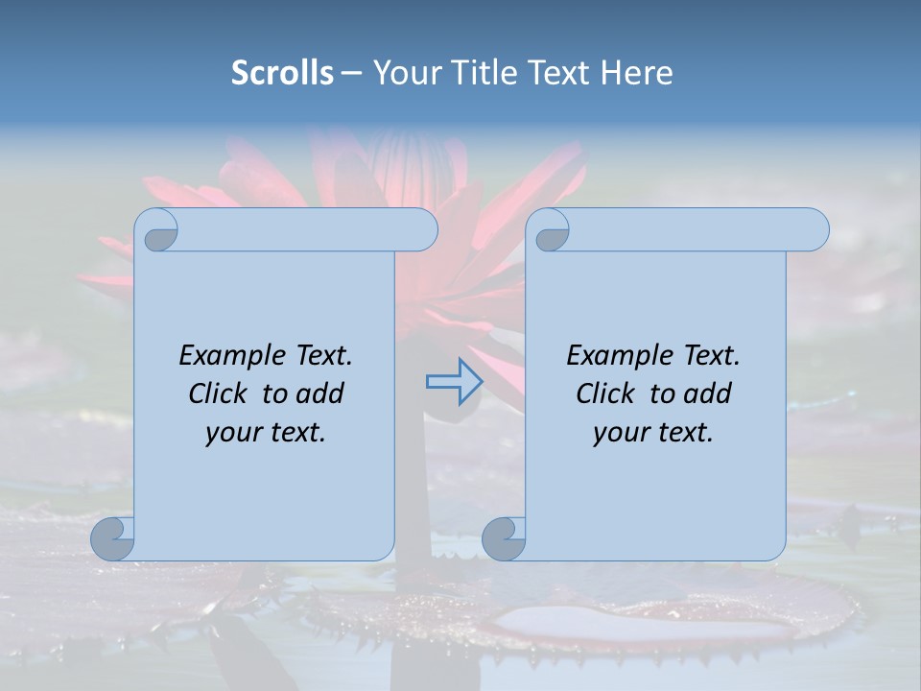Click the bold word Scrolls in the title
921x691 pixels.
282,73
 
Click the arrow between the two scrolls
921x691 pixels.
454,382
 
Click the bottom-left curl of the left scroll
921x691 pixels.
112,538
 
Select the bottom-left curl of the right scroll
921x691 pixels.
504,538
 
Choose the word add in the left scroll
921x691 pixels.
320,393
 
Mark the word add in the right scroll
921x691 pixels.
708,393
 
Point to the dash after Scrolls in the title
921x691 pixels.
351,73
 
